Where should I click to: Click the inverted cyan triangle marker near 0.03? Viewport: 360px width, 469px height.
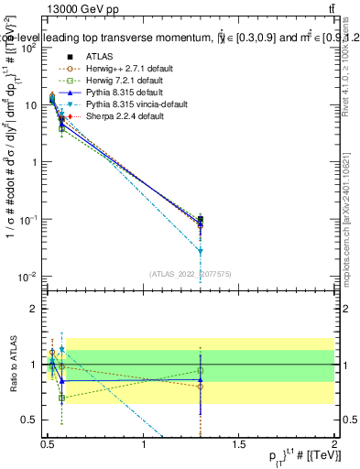[x=201, y=251]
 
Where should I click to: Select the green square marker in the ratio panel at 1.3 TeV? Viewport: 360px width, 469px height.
[x=201, y=371]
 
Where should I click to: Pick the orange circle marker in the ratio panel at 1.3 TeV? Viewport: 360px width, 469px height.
[x=201, y=386]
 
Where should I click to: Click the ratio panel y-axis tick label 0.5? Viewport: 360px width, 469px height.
[x=30, y=420]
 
